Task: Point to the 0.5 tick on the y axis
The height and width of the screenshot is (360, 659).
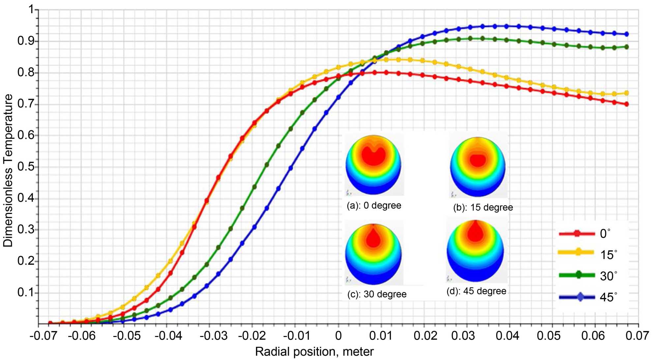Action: (26, 166)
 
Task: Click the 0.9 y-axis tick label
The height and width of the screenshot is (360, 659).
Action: (26, 41)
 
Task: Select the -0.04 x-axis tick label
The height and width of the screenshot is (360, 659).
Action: (168, 336)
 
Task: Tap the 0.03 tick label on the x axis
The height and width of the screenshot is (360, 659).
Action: (463, 336)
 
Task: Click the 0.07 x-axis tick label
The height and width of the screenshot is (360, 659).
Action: (637, 336)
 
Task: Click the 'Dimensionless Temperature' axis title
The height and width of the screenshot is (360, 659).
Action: (8, 170)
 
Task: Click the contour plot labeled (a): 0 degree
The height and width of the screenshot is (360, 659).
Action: (373, 165)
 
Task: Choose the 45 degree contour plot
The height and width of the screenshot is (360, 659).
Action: (475, 251)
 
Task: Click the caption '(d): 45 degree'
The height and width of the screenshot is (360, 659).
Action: (476, 291)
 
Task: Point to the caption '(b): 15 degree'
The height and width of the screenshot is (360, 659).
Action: (483, 207)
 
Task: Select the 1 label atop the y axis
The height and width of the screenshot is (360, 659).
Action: (32, 10)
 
